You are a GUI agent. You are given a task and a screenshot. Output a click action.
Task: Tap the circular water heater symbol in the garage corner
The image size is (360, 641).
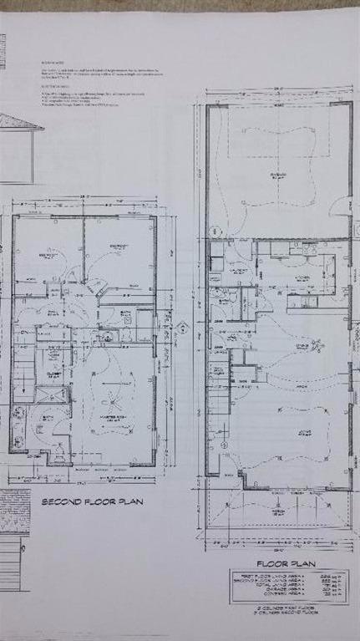[214, 231]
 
